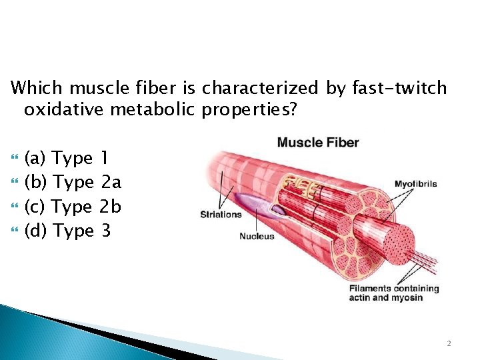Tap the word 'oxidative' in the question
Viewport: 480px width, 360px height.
pyautogui.click(x=65, y=109)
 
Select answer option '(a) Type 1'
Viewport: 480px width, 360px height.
pyautogui.click(x=66, y=159)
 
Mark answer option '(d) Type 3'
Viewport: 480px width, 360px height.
pyautogui.click(x=66, y=231)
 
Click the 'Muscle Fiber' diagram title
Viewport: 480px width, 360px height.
pyautogui.click(x=317, y=142)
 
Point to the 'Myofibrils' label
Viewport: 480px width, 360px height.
pyautogui.click(x=415, y=184)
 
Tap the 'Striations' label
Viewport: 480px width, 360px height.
pyautogui.click(x=221, y=214)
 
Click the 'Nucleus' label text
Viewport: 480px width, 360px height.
pyautogui.click(x=257, y=236)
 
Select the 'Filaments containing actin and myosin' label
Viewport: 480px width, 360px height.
pyautogui.click(x=394, y=293)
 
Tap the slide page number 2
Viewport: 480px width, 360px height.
pyautogui.click(x=449, y=343)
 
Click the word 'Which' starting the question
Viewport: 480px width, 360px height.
pyautogui.click(x=38, y=88)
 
